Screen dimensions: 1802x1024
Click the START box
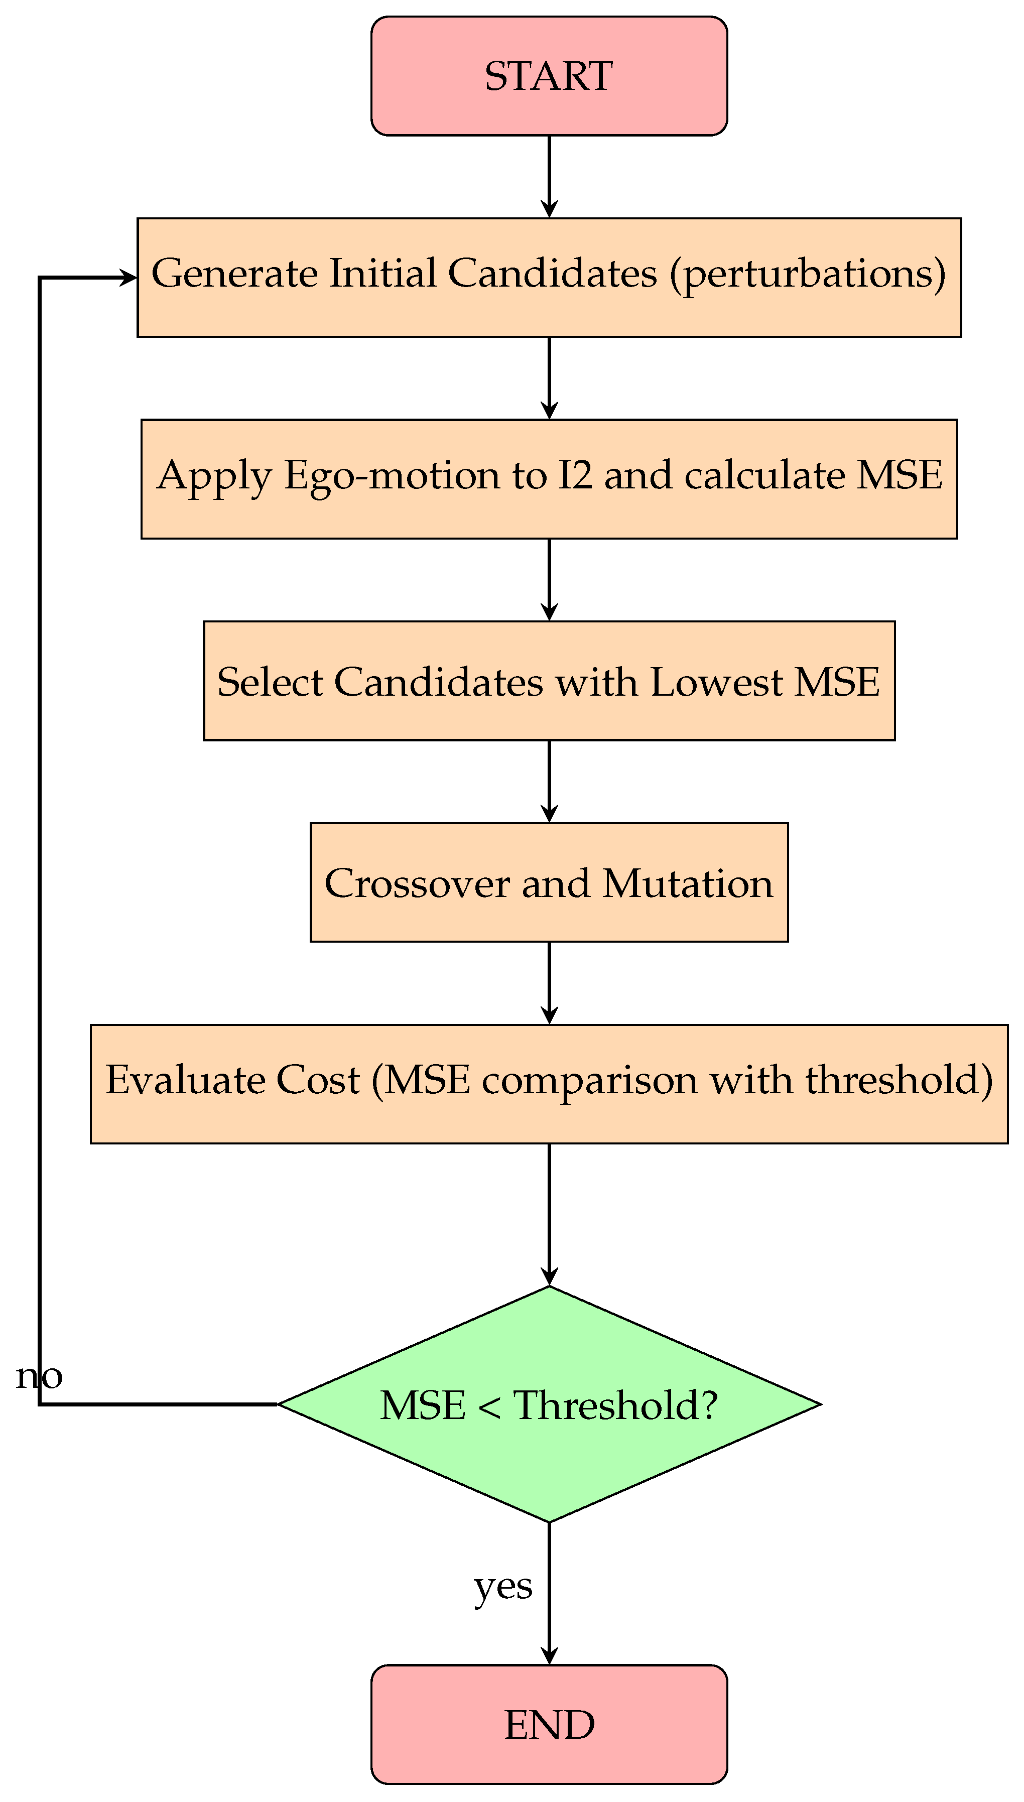[x=549, y=76]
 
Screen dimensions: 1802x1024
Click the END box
[x=549, y=1724]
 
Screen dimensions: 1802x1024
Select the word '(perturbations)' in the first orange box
[x=807, y=274]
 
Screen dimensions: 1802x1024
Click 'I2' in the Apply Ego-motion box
[x=575, y=475]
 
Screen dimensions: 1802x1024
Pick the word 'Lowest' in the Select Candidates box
[x=716, y=682]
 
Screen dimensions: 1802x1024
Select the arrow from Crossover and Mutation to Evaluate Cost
[x=549, y=983]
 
